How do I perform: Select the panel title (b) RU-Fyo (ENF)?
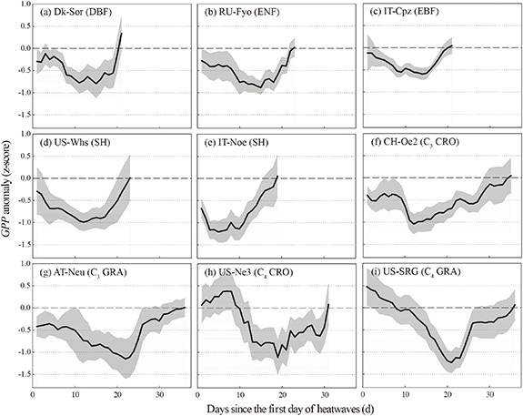[238, 14]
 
